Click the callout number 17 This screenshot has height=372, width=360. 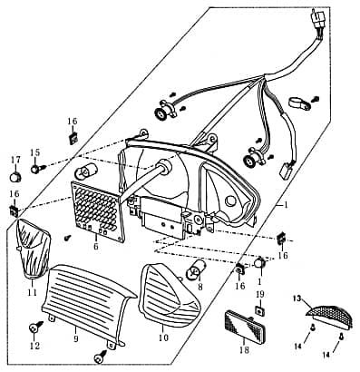click(x=15, y=160)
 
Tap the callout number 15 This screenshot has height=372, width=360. click(x=34, y=152)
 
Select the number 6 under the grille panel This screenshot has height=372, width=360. click(x=96, y=247)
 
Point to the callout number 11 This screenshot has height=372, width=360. click(x=33, y=292)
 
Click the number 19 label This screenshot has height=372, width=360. click(x=260, y=294)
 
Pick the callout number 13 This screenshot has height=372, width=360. click(x=297, y=299)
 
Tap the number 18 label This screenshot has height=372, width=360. click(x=244, y=350)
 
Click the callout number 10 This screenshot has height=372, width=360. click(x=163, y=338)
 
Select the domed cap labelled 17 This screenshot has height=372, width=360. click(x=15, y=177)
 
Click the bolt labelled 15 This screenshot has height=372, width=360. click(x=37, y=168)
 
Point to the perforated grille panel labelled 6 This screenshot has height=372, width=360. click(x=98, y=211)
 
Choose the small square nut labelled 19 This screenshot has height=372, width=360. click(x=259, y=310)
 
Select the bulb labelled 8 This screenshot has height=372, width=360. click(x=197, y=268)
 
